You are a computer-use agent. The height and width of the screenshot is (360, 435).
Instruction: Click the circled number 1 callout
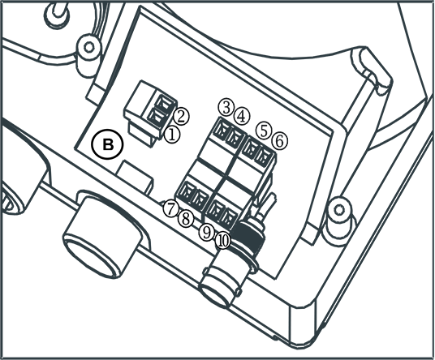coord(172,135)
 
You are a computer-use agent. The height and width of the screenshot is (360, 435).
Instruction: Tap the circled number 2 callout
coord(181,117)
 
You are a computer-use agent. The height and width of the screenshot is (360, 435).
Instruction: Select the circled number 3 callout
coord(226,108)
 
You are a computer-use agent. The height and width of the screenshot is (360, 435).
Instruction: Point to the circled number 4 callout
coord(242,117)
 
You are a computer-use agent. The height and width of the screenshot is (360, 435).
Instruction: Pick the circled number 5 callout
coord(265,131)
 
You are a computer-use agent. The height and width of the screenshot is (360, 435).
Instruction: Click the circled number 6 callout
coord(280,140)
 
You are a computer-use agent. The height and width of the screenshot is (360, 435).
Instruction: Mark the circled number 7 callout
coord(170,208)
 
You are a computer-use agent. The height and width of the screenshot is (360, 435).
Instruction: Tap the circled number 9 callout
coord(207,232)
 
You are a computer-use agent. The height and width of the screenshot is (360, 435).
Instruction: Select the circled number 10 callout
coord(222,241)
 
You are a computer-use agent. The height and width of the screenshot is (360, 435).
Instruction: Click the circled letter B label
coord(108,144)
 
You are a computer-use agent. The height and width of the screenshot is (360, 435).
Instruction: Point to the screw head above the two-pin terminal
coord(88,47)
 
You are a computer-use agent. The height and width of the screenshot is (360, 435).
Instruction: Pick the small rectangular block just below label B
coord(135,177)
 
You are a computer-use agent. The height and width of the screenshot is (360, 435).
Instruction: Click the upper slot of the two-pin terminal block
coord(165,104)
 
